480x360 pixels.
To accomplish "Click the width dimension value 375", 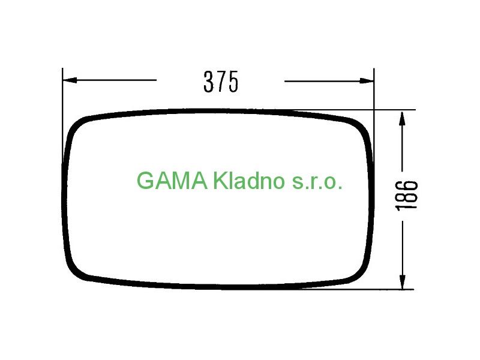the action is [x=221, y=82].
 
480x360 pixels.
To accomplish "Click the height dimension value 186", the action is [x=407, y=196].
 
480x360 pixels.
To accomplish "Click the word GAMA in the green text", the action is [x=172, y=181].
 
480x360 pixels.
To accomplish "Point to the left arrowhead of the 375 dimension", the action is [x=70, y=80].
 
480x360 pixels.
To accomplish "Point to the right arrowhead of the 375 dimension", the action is [x=367, y=81].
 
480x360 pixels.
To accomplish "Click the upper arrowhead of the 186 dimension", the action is [x=403, y=118].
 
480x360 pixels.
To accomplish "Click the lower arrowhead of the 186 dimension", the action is [x=403, y=281].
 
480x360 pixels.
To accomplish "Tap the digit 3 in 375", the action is [x=208, y=82].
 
